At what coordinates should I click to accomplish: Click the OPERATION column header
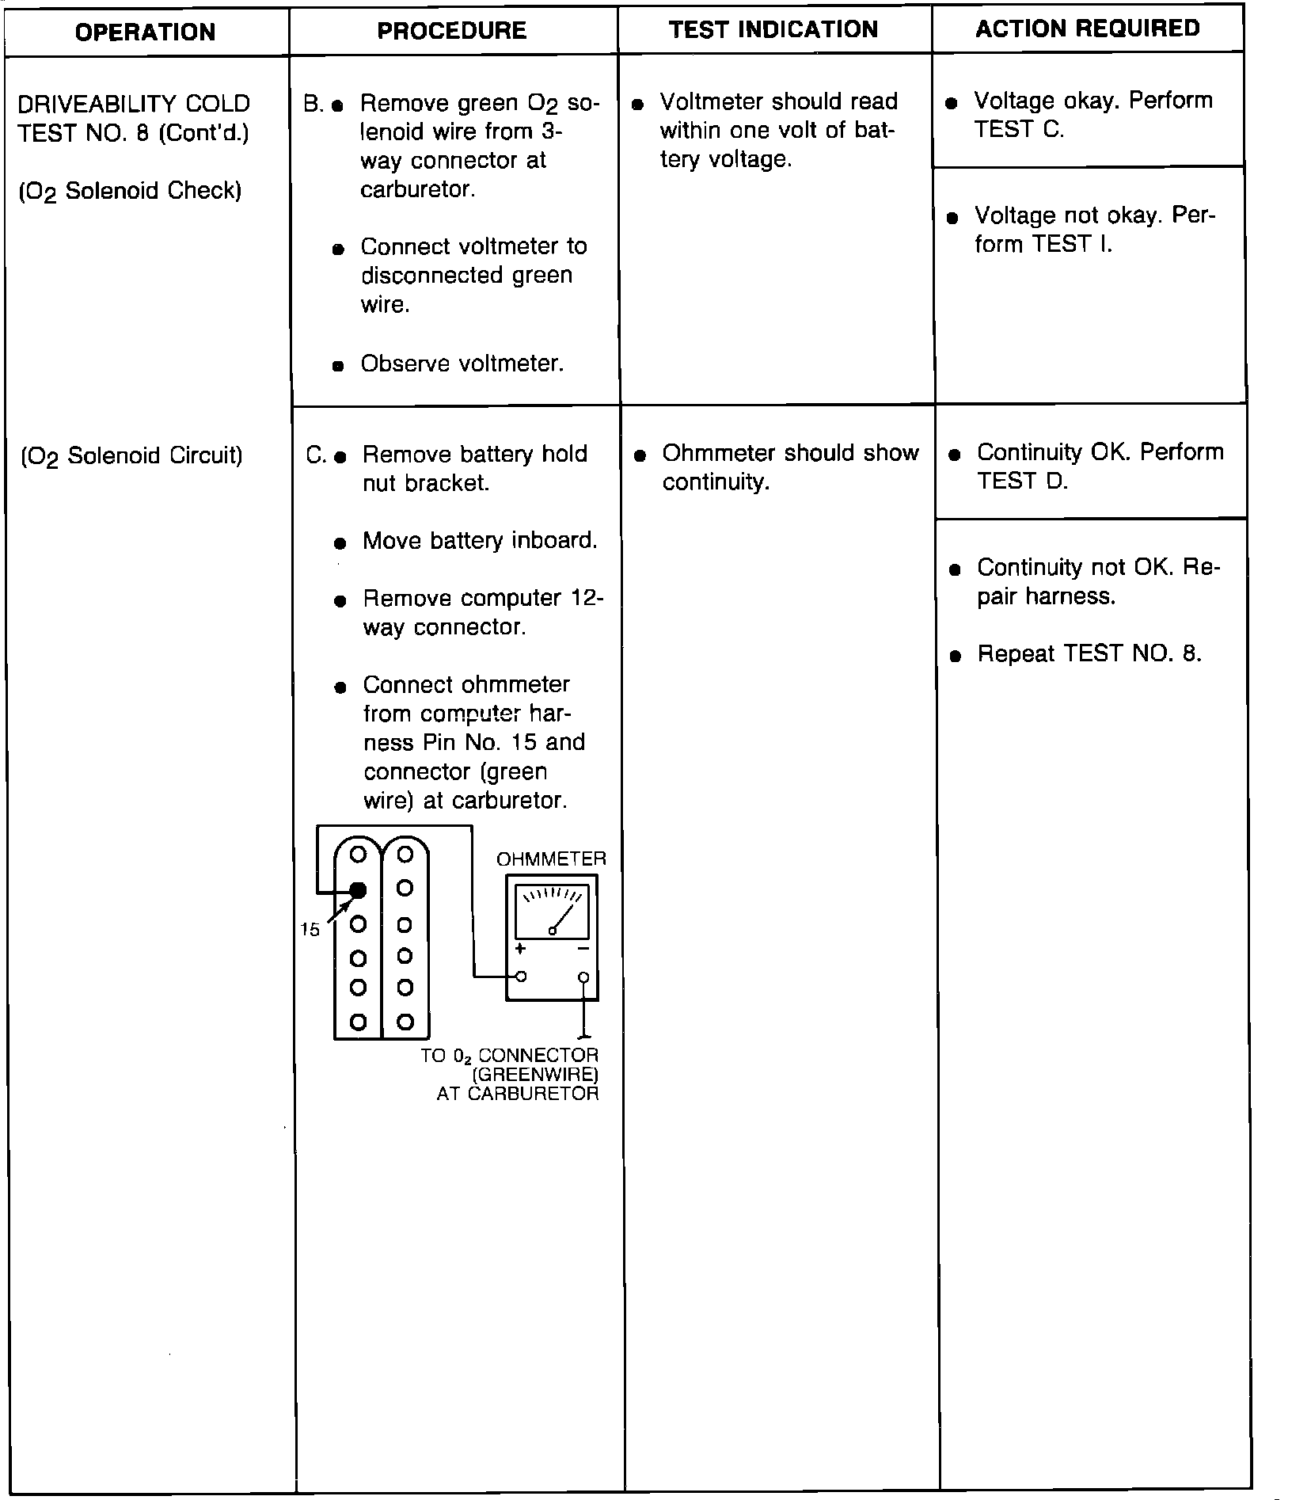tap(146, 32)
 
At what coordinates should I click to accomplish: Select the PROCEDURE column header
tap(452, 30)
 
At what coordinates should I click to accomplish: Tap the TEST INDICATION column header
tap(773, 29)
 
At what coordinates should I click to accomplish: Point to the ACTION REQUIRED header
tap(1088, 29)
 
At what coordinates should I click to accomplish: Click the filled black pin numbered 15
tap(358, 889)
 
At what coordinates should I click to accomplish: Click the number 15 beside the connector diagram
tap(310, 930)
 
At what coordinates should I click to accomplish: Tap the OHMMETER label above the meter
tap(551, 859)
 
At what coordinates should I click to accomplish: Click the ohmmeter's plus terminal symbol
tap(520, 949)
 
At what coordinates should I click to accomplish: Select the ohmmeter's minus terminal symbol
tap(583, 949)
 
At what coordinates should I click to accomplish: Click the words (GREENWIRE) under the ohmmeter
tap(535, 1075)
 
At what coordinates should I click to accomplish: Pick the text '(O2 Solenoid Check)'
tap(130, 192)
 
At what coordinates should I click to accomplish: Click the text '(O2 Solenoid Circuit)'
tap(131, 456)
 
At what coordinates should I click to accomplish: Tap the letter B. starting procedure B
tap(313, 104)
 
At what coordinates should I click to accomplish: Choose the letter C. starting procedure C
tap(316, 455)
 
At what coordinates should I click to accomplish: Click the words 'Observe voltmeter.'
tap(462, 364)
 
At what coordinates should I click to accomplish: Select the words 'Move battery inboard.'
tap(480, 541)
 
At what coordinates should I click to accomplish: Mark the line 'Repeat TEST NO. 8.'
tap(1089, 653)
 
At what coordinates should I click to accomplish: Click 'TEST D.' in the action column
tap(1022, 481)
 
